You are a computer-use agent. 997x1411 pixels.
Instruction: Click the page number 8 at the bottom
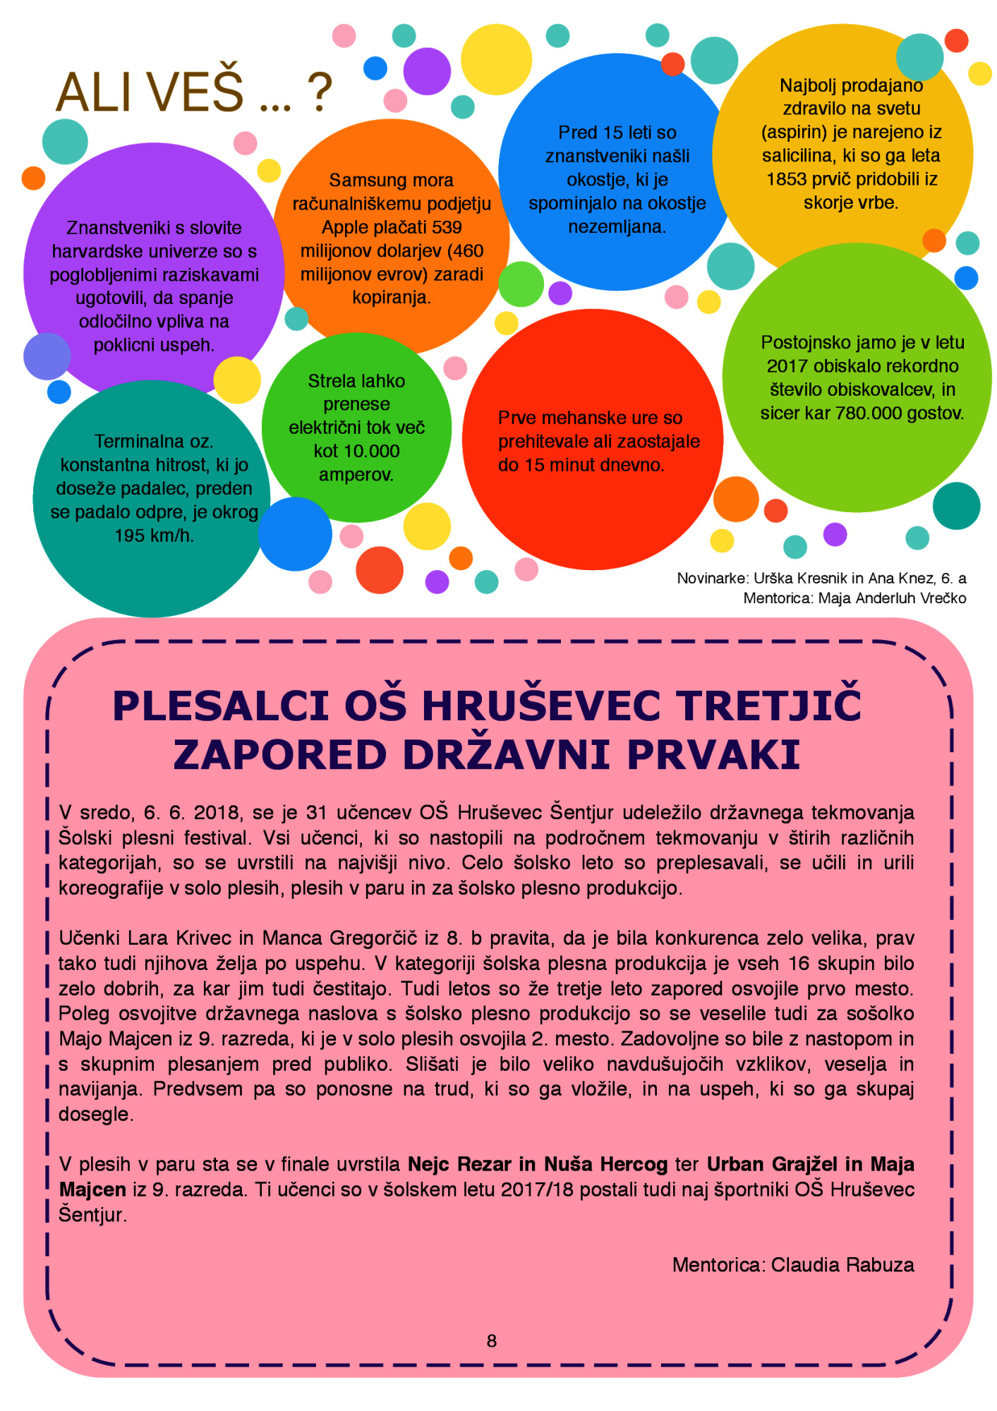(x=492, y=1341)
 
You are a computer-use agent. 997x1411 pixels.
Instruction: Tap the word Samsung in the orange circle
(x=361, y=181)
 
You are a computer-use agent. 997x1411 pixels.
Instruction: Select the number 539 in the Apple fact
(x=447, y=228)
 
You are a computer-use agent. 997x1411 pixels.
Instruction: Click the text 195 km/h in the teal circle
(x=154, y=536)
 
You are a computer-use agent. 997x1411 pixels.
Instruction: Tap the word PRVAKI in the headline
(x=713, y=755)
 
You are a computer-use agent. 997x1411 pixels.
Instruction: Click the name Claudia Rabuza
(x=842, y=1265)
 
